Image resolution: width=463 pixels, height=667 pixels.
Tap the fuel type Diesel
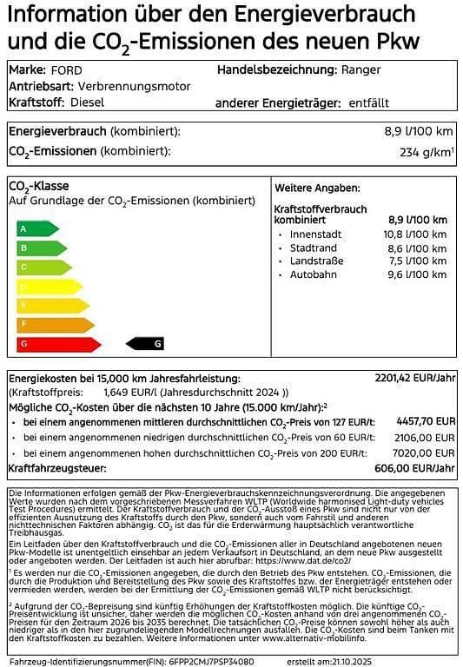(88, 102)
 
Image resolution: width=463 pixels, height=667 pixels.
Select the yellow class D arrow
(49, 286)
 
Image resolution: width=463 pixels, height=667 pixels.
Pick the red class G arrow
(58, 344)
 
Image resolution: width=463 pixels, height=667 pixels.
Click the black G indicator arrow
(145, 344)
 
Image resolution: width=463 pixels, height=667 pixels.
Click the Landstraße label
(317, 261)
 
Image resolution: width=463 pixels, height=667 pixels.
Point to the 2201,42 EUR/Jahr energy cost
(414, 379)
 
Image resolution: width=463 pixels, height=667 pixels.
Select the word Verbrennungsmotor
(134, 86)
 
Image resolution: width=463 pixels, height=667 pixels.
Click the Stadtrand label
(313, 248)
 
